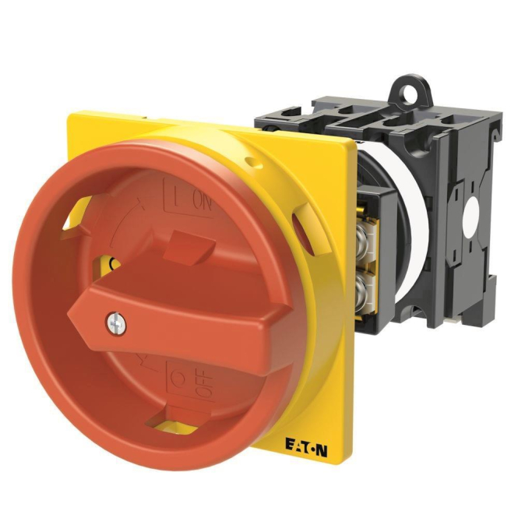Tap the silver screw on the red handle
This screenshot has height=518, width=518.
point(115,322)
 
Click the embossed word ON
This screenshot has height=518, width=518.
point(202,203)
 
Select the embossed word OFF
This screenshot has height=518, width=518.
point(203,382)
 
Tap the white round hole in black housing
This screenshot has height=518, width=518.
point(472,217)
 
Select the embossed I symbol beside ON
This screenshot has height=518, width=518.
point(175,199)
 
